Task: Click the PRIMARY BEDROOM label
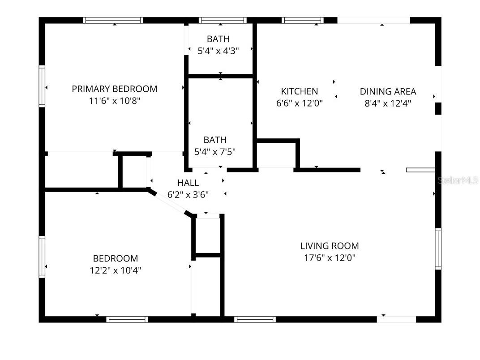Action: tap(115, 89)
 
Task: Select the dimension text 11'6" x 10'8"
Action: tap(115, 101)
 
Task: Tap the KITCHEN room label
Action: tap(300, 91)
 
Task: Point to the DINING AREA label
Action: tap(388, 91)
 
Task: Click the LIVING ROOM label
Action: tap(330, 246)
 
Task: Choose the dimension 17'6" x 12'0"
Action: tap(330, 258)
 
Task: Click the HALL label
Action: tap(188, 183)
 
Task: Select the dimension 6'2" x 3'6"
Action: tap(188, 194)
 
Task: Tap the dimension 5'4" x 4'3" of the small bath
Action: tap(219, 51)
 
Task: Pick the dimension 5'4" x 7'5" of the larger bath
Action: tap(215, 152)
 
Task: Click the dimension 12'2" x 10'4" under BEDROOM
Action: tap(116, 270)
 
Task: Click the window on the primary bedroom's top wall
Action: tap(113, 20)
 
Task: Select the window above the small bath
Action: tap(223, 20)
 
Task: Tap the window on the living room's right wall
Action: tap(438, 249)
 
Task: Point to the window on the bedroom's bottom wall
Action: tap(127, 319)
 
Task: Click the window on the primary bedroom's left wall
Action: tap(42, 86)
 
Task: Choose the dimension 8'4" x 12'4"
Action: tap(388, 103)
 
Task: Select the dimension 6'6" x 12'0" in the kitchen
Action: tap(300, 103)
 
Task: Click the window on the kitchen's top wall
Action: tap(303, 20)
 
